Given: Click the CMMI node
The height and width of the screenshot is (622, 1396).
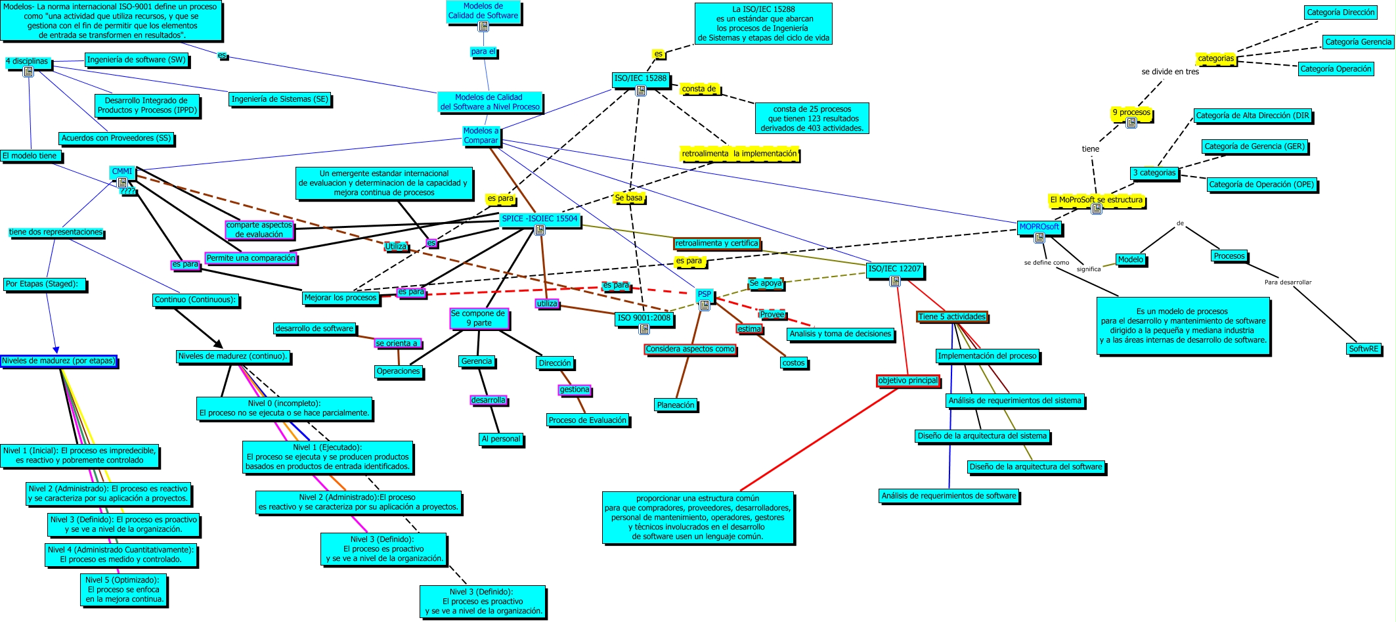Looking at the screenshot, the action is (122, 172).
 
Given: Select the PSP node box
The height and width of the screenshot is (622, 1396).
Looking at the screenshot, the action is (705, 295).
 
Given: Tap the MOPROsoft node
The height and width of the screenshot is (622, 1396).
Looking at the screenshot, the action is (1039, 227).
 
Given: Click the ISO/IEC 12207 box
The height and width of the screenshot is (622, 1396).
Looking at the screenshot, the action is (895, 269).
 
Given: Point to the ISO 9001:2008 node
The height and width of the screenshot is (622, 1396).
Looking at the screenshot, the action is (643, 319).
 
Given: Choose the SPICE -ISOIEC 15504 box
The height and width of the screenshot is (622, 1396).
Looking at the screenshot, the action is (540, 219).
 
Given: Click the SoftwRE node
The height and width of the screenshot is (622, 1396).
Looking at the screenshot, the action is (1364, 349).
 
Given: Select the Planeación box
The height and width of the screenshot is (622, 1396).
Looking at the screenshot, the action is (676, 406).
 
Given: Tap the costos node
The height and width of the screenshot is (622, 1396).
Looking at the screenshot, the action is (793, 363).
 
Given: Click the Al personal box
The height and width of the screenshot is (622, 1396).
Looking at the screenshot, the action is (501, 439).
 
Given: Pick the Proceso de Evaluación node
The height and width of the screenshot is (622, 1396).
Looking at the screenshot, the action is (588, 421).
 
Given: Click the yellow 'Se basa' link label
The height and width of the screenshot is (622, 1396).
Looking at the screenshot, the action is (628, 198).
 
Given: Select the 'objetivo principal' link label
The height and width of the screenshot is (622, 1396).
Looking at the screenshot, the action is (908, 381).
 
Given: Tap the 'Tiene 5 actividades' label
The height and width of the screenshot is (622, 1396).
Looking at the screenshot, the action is (952, 317).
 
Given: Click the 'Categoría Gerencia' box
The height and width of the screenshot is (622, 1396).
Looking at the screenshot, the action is (1358, 42).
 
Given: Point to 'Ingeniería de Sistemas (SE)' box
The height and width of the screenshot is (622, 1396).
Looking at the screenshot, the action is (280, 100).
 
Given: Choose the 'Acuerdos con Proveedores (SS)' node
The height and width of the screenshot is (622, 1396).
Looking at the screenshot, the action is (116, 139).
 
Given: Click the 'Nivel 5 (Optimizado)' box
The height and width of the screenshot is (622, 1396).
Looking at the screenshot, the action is (125, 590).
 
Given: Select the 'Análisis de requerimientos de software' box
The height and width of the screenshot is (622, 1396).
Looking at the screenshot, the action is (949, 497).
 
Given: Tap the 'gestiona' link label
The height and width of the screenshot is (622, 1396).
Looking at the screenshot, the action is (575, 390).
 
